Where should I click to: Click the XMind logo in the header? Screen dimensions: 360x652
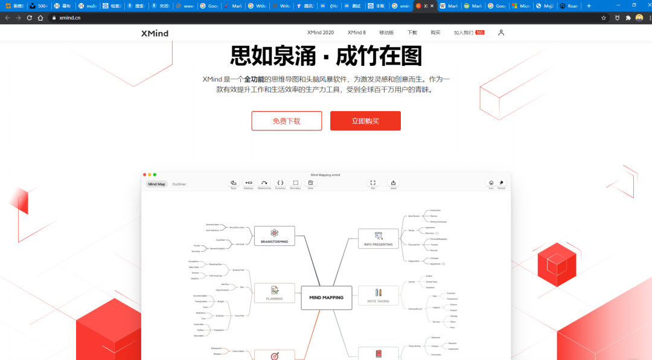[x=155, y=33]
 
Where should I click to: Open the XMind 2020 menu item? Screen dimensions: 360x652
[x=320, y=33]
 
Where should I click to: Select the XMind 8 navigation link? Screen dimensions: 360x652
[x=356, y=33]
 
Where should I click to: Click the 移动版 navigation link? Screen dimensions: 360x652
[x=386, y=33]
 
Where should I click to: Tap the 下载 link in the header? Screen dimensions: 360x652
[x=412, y=33]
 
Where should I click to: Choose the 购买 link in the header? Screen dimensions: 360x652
[x=435, y=33]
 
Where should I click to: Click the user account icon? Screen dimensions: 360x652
[x=501, y=33]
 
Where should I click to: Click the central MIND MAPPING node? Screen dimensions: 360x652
[x=326, y=297]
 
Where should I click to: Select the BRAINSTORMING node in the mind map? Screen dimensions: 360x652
[x=274, y=236]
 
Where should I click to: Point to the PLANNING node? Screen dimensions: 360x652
[x=275, y=293]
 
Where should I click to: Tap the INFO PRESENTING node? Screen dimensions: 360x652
[x=379, y=239]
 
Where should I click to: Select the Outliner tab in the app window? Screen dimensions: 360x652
[x=179, y=184]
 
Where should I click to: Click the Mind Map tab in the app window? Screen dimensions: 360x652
[x=156, y=184]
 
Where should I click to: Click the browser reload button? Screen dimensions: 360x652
[x=29, y=18]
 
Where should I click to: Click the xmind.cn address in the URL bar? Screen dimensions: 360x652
[x=69, y=18]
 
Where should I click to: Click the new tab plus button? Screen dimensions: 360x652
[x=589, y=6]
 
